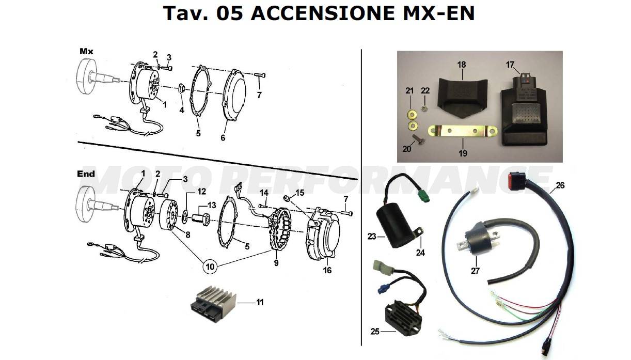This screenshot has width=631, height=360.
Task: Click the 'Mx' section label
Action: (x=86, y=51)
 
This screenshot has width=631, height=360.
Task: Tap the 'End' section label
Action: (x=86, y=174)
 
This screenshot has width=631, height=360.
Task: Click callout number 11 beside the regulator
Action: (x=260, y=302)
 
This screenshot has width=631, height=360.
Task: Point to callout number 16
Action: (x=327, y=270)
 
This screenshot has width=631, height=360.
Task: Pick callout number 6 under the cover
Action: (x=223, y=138)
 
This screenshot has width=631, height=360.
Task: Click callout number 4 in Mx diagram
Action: (x=182, y=110)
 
